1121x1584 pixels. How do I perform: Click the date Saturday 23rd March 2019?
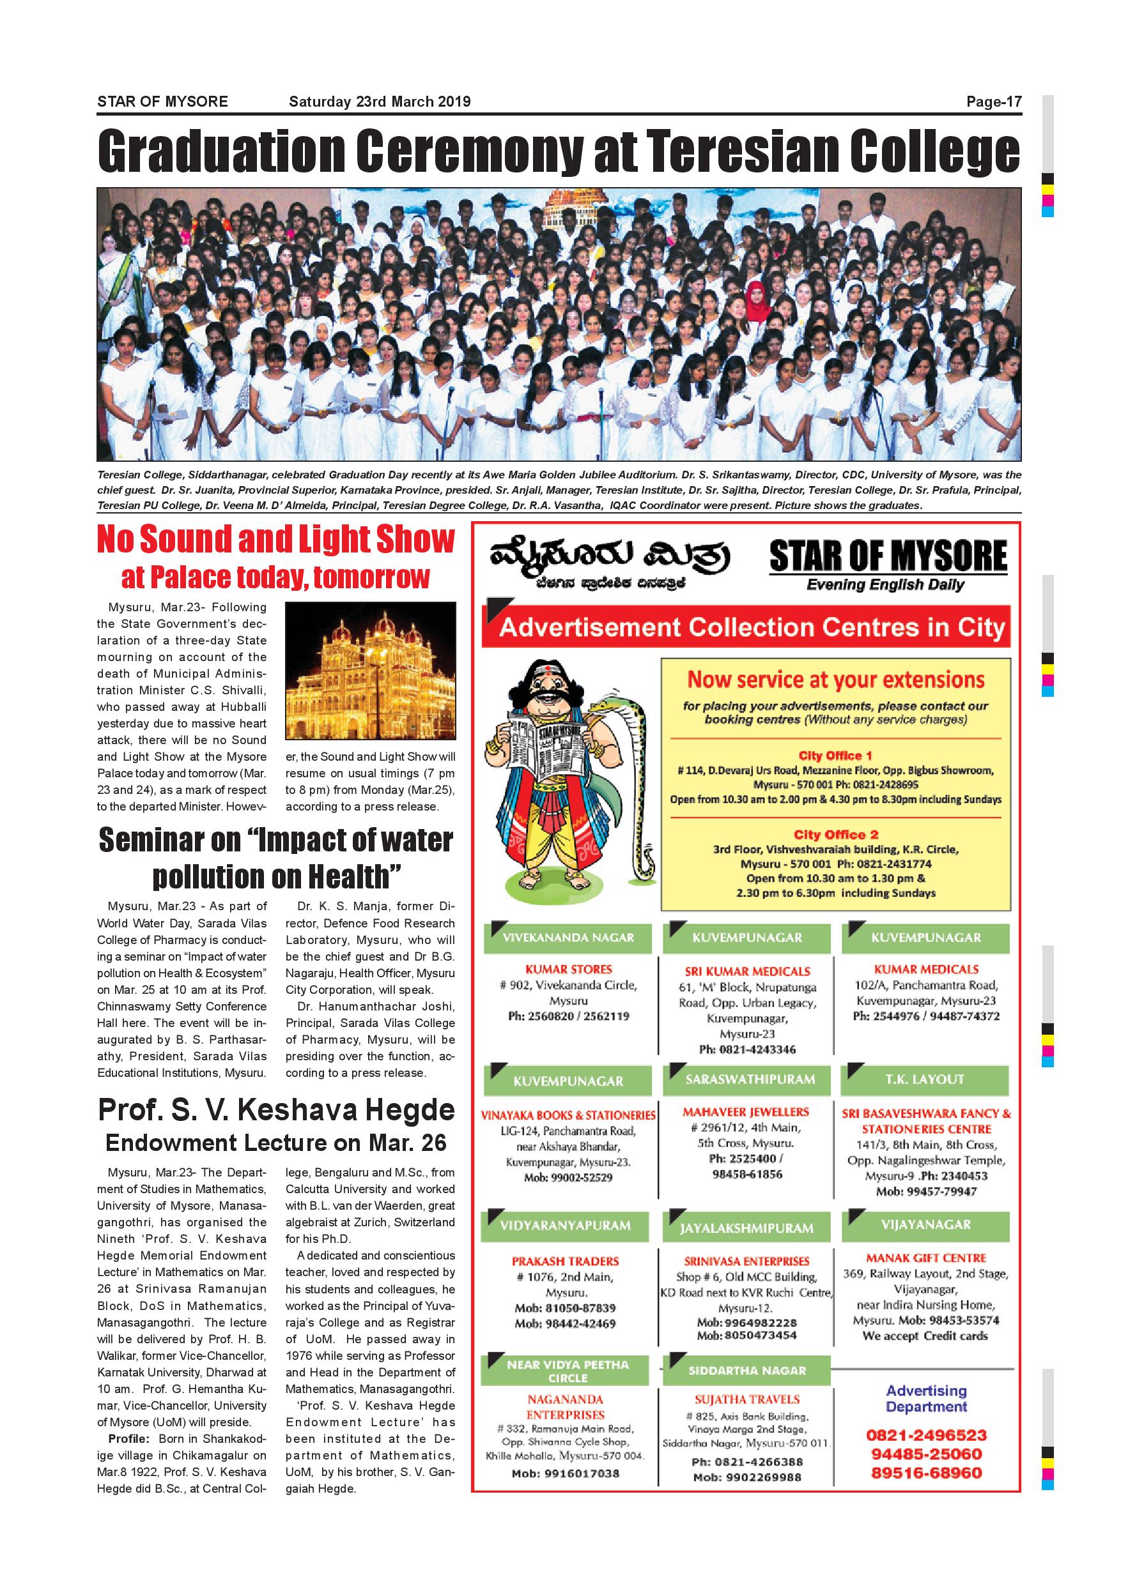380,102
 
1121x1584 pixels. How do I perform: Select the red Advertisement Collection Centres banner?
745,627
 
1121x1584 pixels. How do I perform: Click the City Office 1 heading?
835,756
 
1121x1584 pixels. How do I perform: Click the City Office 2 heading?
835,834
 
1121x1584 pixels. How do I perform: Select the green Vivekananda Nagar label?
568,938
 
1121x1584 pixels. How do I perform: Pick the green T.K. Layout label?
925,1079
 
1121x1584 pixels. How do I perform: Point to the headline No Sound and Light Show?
275,540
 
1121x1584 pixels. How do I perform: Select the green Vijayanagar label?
925,1224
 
